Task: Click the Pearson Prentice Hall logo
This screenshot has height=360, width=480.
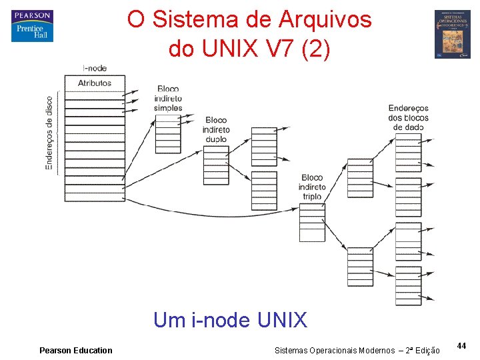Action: point(32,26)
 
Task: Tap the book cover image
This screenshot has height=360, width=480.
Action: point(452,34)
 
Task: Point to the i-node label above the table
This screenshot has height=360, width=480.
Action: point(94,68)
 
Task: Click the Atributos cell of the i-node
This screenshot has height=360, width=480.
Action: point(94,83)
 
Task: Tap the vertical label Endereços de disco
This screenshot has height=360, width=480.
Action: point(49,133)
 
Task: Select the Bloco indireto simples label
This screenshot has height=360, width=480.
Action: point(168,98)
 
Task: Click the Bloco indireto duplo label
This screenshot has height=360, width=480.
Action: point(216,129)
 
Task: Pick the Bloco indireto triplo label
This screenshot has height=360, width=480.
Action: point(312,187)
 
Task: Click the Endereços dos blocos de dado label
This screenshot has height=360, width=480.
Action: point(408,117)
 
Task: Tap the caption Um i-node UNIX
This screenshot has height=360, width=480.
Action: point(230,321)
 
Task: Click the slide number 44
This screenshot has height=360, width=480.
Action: point(461,345)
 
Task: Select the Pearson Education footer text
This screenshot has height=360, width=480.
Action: point(76,350)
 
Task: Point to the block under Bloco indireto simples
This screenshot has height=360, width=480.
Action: point(168,134)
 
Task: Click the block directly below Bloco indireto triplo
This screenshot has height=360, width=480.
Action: point(312,222)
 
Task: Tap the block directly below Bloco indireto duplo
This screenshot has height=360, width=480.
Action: point(216,165)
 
